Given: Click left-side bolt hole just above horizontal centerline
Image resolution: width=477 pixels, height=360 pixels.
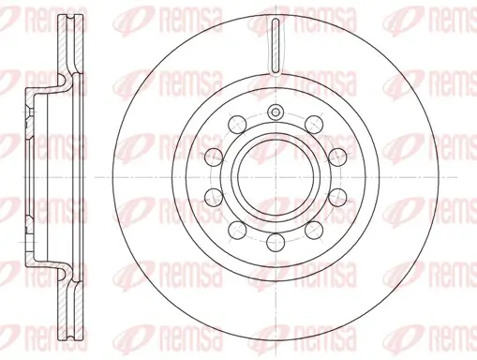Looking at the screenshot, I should pyautogui.click(x=213, y=156).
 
